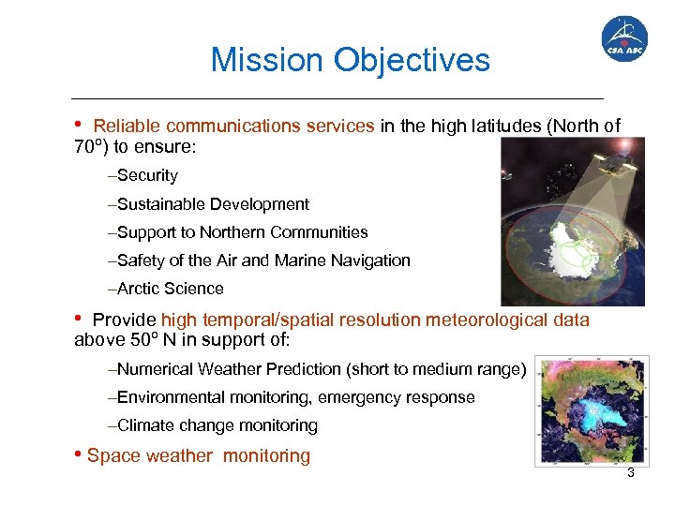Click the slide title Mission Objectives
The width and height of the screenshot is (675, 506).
350,60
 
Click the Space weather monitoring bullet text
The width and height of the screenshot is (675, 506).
198,456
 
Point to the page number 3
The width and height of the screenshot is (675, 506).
631,473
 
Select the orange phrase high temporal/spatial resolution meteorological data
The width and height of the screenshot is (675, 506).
375,320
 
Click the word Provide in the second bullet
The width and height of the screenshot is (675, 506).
124,320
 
